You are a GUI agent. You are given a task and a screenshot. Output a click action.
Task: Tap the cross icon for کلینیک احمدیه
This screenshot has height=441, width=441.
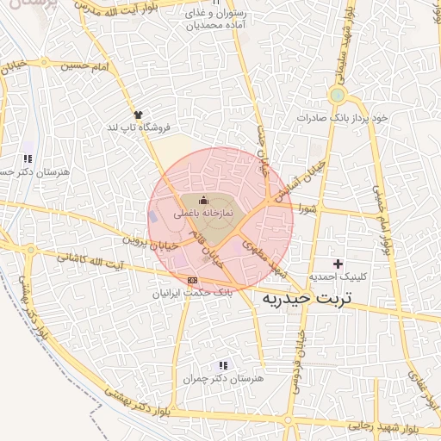click(x=337, y=263)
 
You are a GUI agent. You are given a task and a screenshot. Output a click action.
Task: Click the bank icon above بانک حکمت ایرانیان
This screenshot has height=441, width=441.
click(x=192, y=280)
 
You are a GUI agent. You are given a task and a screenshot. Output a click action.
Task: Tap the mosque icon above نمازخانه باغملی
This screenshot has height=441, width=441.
click(x=203, y=201)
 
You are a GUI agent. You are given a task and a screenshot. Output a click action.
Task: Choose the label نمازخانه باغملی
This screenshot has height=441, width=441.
click(x=204, y=212)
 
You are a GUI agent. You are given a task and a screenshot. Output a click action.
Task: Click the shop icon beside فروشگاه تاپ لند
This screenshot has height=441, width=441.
click(x=137, y=113)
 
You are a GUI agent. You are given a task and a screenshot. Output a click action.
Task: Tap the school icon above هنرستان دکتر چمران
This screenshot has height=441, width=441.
click(x=225, y=365)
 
